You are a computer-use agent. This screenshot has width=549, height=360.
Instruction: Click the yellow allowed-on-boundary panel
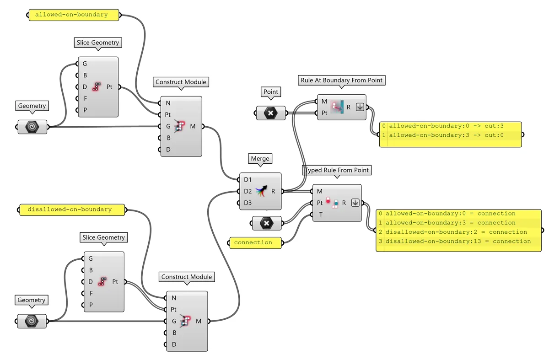[71, 15]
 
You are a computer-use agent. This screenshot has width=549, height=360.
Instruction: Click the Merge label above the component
[260, 159]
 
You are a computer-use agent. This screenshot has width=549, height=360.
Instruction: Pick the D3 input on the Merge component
[248, 203]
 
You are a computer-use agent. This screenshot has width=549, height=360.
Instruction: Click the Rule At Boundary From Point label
[341, 80]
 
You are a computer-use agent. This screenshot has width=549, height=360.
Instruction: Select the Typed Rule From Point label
[337, 170]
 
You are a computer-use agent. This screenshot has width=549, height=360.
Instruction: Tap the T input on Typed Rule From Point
[320, 214]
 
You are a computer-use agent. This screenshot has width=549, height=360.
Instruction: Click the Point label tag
[271, 92]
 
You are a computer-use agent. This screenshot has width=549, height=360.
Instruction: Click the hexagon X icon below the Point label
[270, 113]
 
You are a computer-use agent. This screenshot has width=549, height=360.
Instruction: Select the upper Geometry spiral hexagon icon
[32, 127]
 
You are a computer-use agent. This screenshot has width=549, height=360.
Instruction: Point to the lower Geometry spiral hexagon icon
[32, 321]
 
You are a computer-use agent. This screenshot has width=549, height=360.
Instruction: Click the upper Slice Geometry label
[98, 43]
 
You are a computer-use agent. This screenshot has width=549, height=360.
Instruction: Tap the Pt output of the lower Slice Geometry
[115, 282]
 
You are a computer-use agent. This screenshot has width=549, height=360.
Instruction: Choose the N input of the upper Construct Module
[168, 103]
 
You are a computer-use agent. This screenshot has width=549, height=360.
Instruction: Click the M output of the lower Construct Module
[199, 321]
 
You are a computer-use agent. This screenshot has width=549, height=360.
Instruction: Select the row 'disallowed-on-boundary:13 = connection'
[458, 241]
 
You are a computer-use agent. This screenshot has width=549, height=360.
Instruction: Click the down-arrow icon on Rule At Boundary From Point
[360, 107]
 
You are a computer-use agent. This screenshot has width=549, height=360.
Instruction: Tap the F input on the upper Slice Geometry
[85, 98]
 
